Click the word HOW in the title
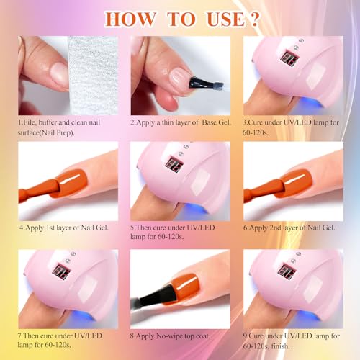[x=130, y=19]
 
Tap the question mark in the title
[x=254, y=19]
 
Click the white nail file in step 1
[x=93, y=76]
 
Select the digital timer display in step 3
[x=289, y=58]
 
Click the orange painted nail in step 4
[x=71, y=182]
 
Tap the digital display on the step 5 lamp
[x=174, y=164]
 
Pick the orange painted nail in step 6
[x=296, y=183]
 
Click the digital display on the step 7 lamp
[x=61, y=271]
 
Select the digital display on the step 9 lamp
[x=287, y=271]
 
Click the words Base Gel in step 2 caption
[x=216, y=122]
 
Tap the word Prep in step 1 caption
[x=65, y=132]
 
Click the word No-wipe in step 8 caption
[x=169, y=336]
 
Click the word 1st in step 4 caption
[x=50, y=228]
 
